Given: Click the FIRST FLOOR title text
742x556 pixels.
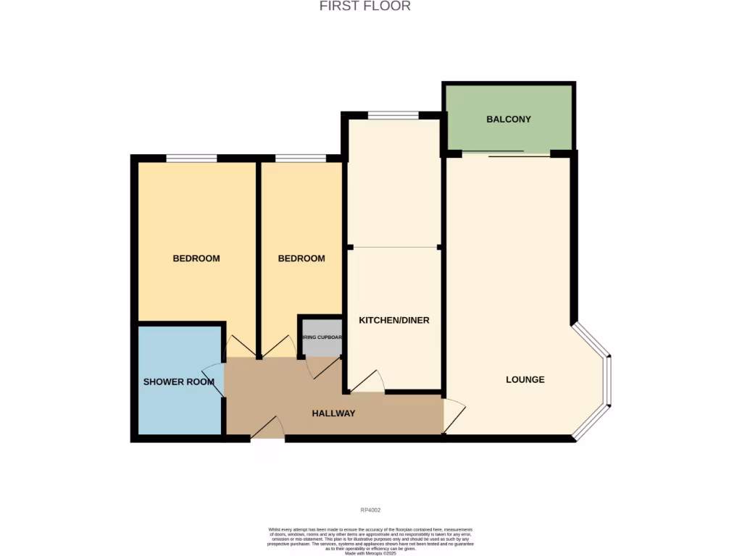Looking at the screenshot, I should [365, 7].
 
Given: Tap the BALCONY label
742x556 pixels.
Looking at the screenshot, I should [509, 119].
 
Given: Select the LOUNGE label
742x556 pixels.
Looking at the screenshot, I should [525, 379].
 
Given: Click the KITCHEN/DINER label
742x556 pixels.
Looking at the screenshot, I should [394, 320].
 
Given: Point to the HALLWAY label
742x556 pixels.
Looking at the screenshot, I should [333, 413].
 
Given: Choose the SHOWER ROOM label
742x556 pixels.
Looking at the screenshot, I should [178, 382].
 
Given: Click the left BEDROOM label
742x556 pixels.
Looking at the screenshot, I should [196, 258].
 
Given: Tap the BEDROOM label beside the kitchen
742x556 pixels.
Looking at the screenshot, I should [301, 258].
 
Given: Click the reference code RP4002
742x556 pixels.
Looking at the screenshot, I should [370, 510].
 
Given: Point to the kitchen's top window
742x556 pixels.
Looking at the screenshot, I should [393, 115].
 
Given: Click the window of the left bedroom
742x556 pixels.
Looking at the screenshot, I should [191, 159].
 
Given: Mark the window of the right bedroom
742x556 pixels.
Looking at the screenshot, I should [300, 159].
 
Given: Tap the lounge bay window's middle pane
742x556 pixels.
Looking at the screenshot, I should [609, 381].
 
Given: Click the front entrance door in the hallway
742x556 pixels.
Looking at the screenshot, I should [267, 429].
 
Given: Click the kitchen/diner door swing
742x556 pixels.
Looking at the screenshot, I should [369, 382].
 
